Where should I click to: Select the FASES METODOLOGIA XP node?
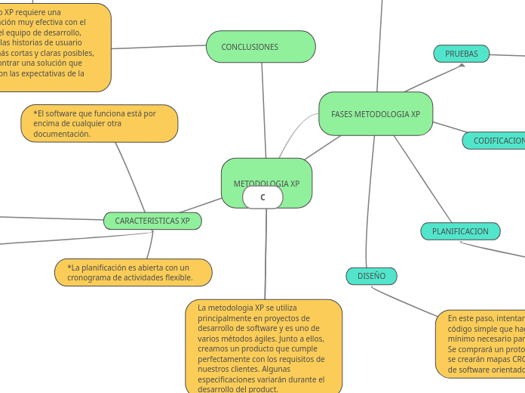click(x=376, y=114)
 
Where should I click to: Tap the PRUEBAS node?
click(x=461, y=54)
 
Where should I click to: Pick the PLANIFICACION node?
click(x=460, y=231)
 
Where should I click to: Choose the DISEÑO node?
click(x=371, y=276)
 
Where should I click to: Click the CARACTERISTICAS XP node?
click(x=152, y=221)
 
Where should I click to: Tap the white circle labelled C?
click(x=262, y=197)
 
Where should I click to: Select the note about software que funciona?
click(x=99, y=123)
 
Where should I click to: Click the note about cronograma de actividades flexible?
click(x=133, y=273)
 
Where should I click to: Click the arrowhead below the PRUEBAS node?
click(x=462, y=66)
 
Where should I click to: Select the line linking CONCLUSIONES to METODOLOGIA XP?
click(x=263, y=110)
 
